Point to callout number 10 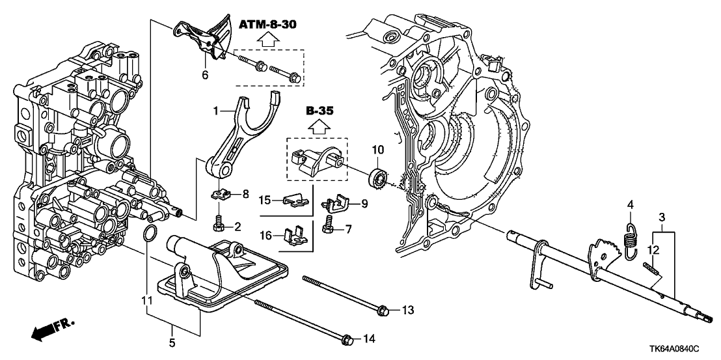tap(377, 151)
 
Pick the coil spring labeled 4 tap(631, 237)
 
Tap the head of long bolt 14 tap(347, 339)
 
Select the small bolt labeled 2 tap(219, 225)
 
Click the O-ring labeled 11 tap(148, 233)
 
